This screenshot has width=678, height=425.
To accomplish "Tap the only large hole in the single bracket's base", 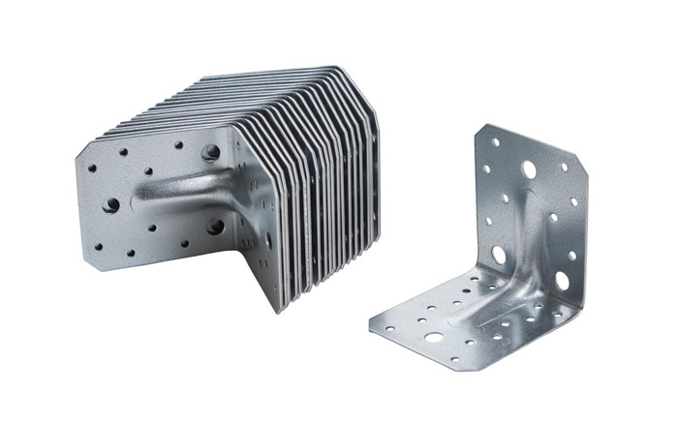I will [433, 337].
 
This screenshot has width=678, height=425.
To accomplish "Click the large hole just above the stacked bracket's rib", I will [209, 152].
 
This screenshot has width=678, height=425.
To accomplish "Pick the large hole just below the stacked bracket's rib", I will [215, 227].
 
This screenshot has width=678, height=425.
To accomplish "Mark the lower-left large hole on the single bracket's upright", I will [499, 255].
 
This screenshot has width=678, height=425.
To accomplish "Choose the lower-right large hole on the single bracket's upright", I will [562, 280].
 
